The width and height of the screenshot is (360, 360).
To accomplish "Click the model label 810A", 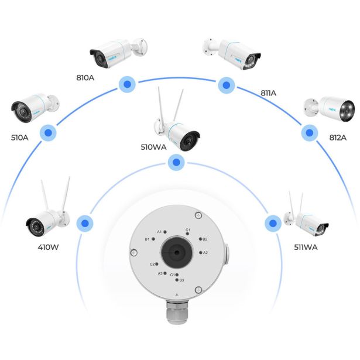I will (x=87, y=77).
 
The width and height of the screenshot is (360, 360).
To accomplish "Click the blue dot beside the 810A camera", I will (x=125, y=84).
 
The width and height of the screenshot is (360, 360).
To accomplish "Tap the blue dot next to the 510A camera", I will (x=47, y=133).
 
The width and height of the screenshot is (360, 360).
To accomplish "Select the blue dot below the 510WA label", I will (x=174, y=163).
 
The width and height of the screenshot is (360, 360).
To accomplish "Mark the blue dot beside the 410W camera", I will (x=86, y=223).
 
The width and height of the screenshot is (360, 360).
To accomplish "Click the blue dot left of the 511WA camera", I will (x=272, y=222).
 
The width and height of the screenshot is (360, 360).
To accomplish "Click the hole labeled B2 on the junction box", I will (x=199, y=239).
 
